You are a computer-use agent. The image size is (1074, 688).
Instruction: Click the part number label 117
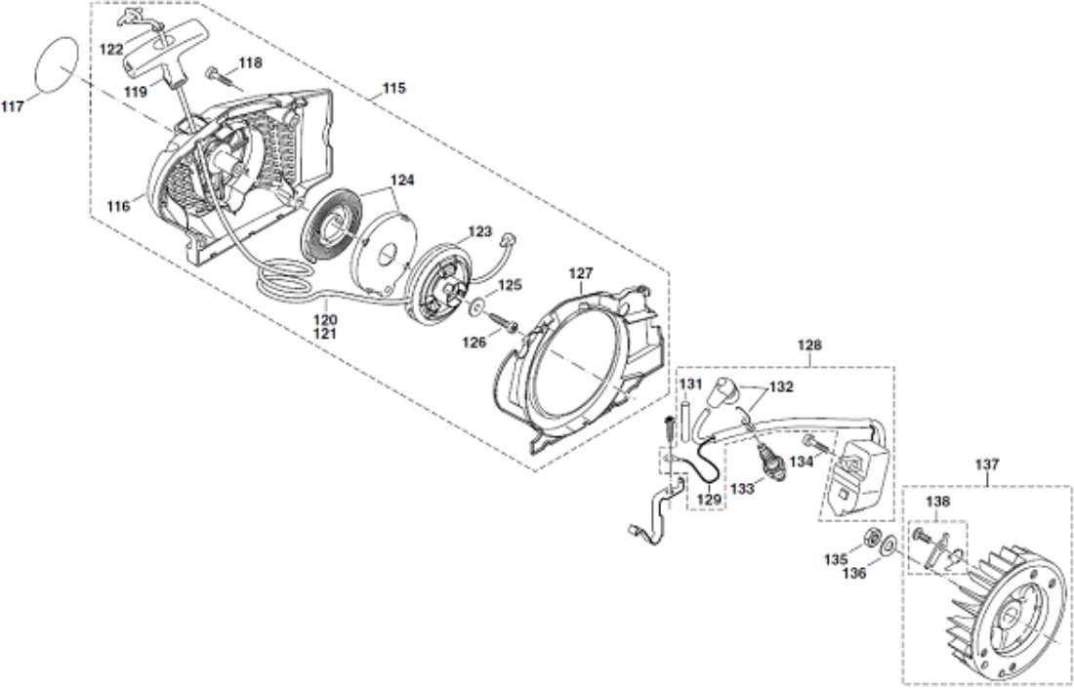click(13, 106)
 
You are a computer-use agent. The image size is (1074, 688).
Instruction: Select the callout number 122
click(111, 50)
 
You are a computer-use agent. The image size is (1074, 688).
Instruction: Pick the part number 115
click(393, 88)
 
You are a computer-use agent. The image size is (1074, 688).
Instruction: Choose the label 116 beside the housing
click(118, 206)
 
